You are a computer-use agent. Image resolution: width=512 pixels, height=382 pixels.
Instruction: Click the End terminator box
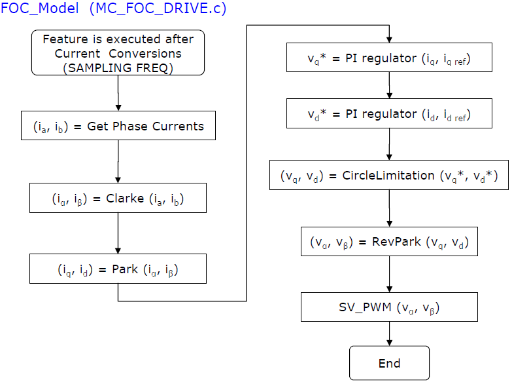pyautogui.click(x=389, y=363)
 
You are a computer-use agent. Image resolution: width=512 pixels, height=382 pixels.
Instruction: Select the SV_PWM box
pyautogui.click(x=389, y=307)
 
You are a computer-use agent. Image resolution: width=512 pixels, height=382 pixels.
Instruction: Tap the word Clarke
pyautogui.click(x=125, y=199)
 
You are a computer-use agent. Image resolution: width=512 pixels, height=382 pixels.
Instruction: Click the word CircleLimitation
pyautogui.click(x=388, y=176)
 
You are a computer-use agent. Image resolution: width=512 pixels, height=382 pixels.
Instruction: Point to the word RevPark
pyautogui.click(x=396, y=242)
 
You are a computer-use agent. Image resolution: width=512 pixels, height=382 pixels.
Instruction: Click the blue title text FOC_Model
pyautogui.click(x=39, y=8)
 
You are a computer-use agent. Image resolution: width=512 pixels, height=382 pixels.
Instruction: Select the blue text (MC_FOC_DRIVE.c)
pyautogui.click(x=158, y=8)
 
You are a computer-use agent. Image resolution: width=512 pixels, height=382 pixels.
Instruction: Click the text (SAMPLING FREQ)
pyautogui.click(x=118, y=67)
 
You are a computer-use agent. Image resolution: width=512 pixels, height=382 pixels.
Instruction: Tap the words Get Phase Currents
pyautogui.click(x=145, y=126)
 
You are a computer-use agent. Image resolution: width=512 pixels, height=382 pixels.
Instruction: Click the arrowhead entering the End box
pyautogui.click(x=389, y=343)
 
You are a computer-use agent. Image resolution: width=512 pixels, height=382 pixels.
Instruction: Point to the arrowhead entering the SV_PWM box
pyautogui.click(x=389, y=290)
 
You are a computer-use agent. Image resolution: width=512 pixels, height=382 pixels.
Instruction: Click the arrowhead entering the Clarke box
pyautogui.click(x=118, y=180)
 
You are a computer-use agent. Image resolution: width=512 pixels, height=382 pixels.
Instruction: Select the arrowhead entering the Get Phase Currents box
pyautogui.click(x=118, y=107)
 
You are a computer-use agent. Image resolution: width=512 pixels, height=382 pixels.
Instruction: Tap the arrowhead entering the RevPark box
pyautogui.click(x=389, y=224)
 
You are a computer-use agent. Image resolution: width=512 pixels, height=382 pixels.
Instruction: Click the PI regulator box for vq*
pyautogui.click(x=389, y=57)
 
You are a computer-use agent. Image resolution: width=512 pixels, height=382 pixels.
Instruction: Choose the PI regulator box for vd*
pyautogui.click(x=389, y=113)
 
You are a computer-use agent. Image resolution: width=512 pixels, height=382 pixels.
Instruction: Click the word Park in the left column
pyautogui.click(x=125, y=269)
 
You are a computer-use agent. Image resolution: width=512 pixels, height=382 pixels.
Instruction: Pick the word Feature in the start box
pyautogui.click(x=65, y=39)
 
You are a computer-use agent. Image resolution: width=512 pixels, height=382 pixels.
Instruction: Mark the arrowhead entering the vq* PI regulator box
pyautogui.click(x=389, y=39)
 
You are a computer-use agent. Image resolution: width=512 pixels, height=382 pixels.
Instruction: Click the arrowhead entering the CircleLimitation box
pyautogui.click(x=389, y=157)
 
